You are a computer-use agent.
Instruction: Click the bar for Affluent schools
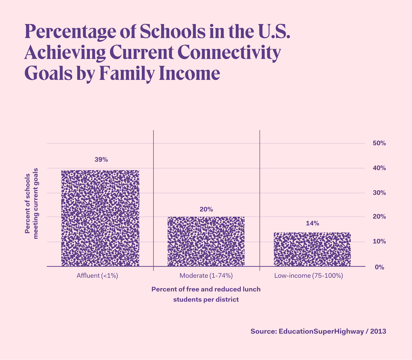(x=100, y=218)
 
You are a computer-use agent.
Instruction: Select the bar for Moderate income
(x=206, y=241)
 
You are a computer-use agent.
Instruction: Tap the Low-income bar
(x=312, y=249)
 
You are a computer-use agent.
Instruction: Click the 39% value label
(x=101, y=160)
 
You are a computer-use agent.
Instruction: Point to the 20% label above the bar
(x=206, y=209)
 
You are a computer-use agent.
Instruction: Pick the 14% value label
(x=312, y=223)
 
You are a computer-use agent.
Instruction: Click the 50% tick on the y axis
(x=379, y=143)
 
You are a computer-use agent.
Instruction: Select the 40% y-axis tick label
(x=379, y=168)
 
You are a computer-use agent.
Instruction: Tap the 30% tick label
(x=379, y=193)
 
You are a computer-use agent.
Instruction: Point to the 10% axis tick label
(x=379, y=241)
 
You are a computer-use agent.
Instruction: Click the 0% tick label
(x=379, y=267)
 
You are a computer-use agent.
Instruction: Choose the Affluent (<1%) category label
(x=97, y=276)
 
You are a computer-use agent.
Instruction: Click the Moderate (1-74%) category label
(x=206, y=276)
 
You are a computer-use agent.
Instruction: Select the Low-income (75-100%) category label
(x=308, y=276)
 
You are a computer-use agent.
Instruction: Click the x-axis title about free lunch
(x=206, y=294)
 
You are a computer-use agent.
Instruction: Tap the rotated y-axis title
(x=32, y=203)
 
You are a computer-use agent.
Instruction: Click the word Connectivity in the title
(x=227, y=52)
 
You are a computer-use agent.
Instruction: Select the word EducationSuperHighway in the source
(x=321, y=331)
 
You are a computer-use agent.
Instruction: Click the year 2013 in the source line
(x=378, y=331)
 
